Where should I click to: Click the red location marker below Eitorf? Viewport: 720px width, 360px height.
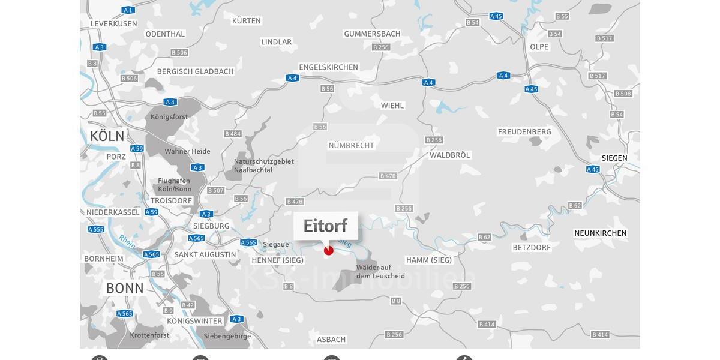[328, 250]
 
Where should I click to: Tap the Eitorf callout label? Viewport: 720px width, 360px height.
[325, 226]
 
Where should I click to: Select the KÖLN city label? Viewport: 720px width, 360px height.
[107, 136]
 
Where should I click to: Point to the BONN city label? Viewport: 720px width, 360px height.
[125, 288]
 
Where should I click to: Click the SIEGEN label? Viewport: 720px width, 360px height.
[614, 158]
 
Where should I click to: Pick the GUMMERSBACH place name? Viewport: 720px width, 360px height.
[372, 34]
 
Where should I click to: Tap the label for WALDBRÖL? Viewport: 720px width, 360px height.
[449, 155]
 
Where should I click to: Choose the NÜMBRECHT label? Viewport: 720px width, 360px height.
[351, 145]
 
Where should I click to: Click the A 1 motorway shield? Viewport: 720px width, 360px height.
[128, 10]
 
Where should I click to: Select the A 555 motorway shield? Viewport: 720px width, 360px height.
[96, 229]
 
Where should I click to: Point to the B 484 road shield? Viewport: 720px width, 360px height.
[233, 134]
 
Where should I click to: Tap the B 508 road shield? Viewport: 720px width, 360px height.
[623, 94]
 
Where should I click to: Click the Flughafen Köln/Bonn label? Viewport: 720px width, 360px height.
[175, 185]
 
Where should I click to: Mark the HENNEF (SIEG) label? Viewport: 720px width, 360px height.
[277, 260]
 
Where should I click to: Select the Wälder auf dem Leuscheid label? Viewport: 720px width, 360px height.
[380, 272]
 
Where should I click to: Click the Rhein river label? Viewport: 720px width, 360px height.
[127, 241]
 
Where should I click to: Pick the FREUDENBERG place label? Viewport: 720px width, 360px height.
[524, 132]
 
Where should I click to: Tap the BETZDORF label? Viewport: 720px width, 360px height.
[532, 247]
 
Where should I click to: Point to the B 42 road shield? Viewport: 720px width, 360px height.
[188, 305]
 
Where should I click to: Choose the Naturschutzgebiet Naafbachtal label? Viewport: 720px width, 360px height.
[263, 166]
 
